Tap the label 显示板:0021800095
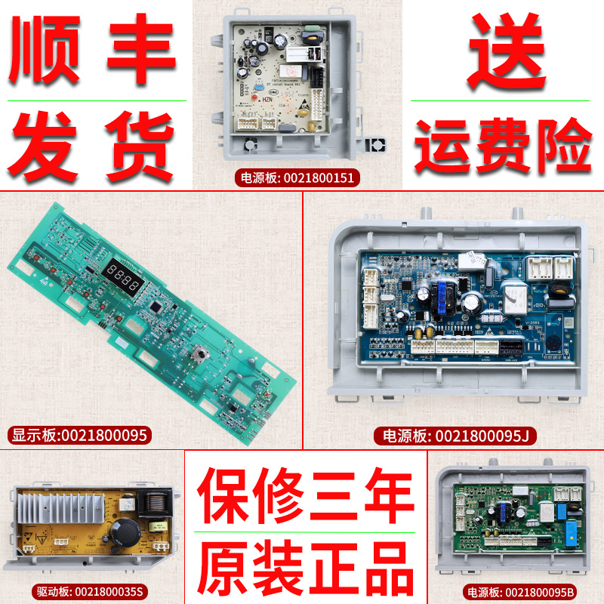click(x=79, y=435)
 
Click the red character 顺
click(x=48, y=49)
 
